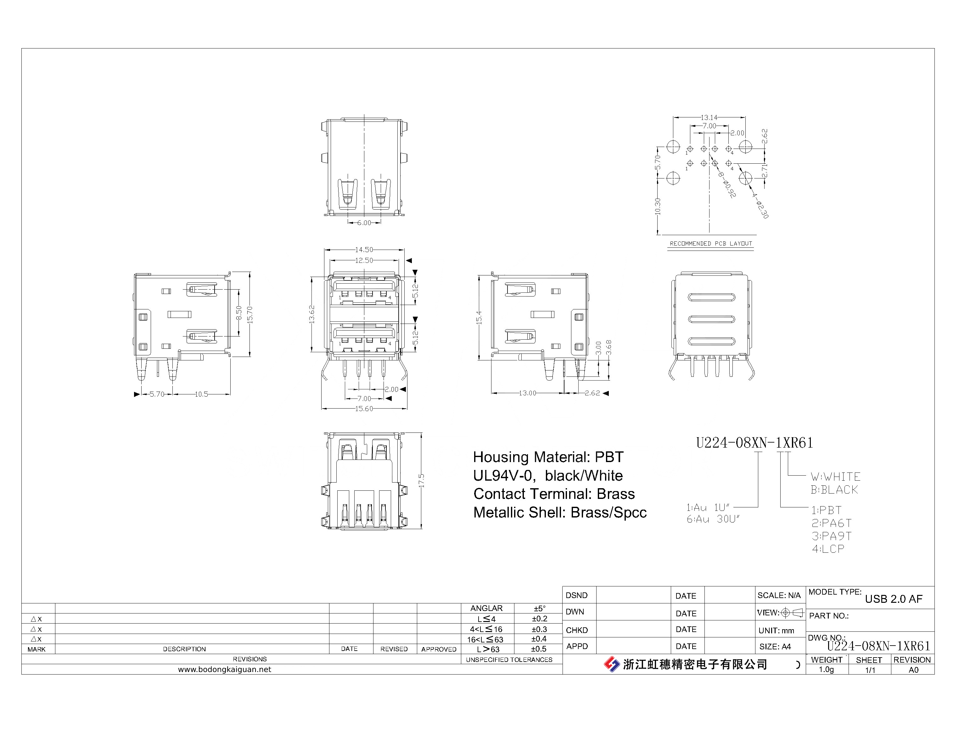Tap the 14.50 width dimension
tap(364, 250)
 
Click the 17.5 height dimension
tap(421, 481)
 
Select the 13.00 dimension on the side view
tap(527, 393)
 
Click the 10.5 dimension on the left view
tap(201, 394)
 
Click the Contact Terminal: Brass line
tap(554, 494)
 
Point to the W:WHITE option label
tap(835, 477)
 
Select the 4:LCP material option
tap(828, 549)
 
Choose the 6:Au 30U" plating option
tap(713, 519)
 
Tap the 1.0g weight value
tap(826, 670)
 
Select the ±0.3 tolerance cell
tap(539, 629)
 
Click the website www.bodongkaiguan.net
tap(225, 670)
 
